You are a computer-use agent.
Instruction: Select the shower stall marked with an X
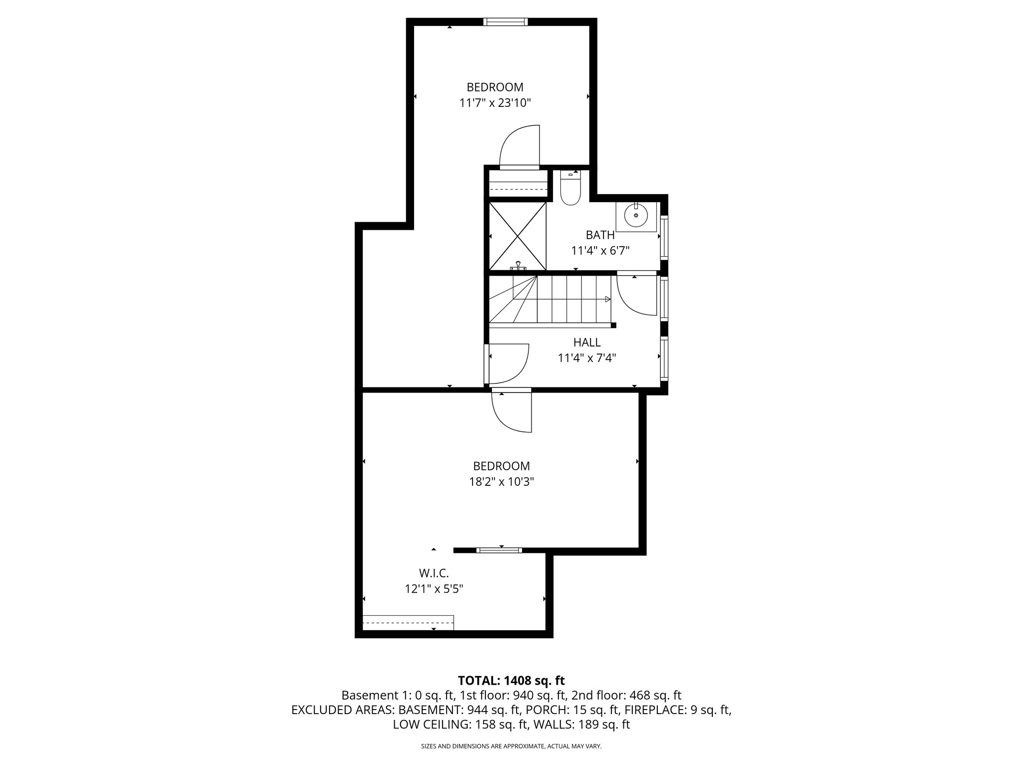(x=517, y=236)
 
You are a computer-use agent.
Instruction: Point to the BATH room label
(x=600, y=235)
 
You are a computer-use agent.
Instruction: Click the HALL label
(x=587, y=343)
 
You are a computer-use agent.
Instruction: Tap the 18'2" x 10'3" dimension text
(x=501, y=482)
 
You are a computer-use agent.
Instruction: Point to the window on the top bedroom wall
(x=505, y=21)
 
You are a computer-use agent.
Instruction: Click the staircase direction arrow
(x=607, y=299)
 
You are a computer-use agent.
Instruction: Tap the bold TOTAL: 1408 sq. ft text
(x=511, y=680)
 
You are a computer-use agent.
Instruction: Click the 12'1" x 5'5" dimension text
(x=434, y=589)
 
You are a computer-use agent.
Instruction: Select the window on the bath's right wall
(x=664, y=237)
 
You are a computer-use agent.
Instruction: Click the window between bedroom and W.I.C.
(x=499, y=550)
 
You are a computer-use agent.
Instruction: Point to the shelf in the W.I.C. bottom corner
(x=408, y=622)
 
